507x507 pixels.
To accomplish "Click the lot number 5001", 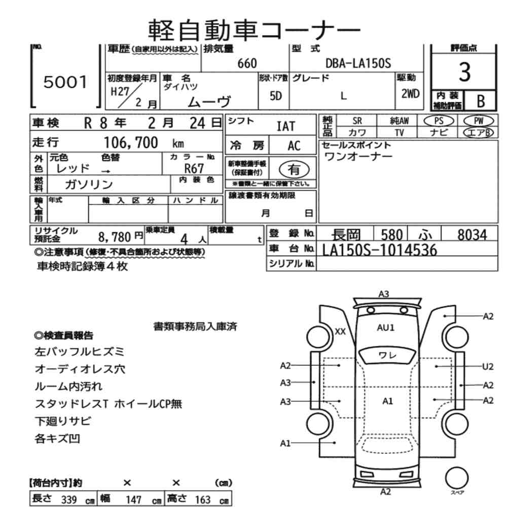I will point(65,82).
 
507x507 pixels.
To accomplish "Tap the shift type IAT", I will point(285,126).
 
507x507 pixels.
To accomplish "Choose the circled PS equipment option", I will point(440,121).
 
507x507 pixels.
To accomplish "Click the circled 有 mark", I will point(293,168).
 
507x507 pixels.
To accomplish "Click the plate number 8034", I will point(471,235).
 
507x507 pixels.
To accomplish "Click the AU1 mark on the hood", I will point(386,328).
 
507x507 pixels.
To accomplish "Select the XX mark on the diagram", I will point(340,332).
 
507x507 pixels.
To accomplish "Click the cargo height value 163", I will point(202,499).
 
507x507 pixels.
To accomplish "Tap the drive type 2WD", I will point(410,93).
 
